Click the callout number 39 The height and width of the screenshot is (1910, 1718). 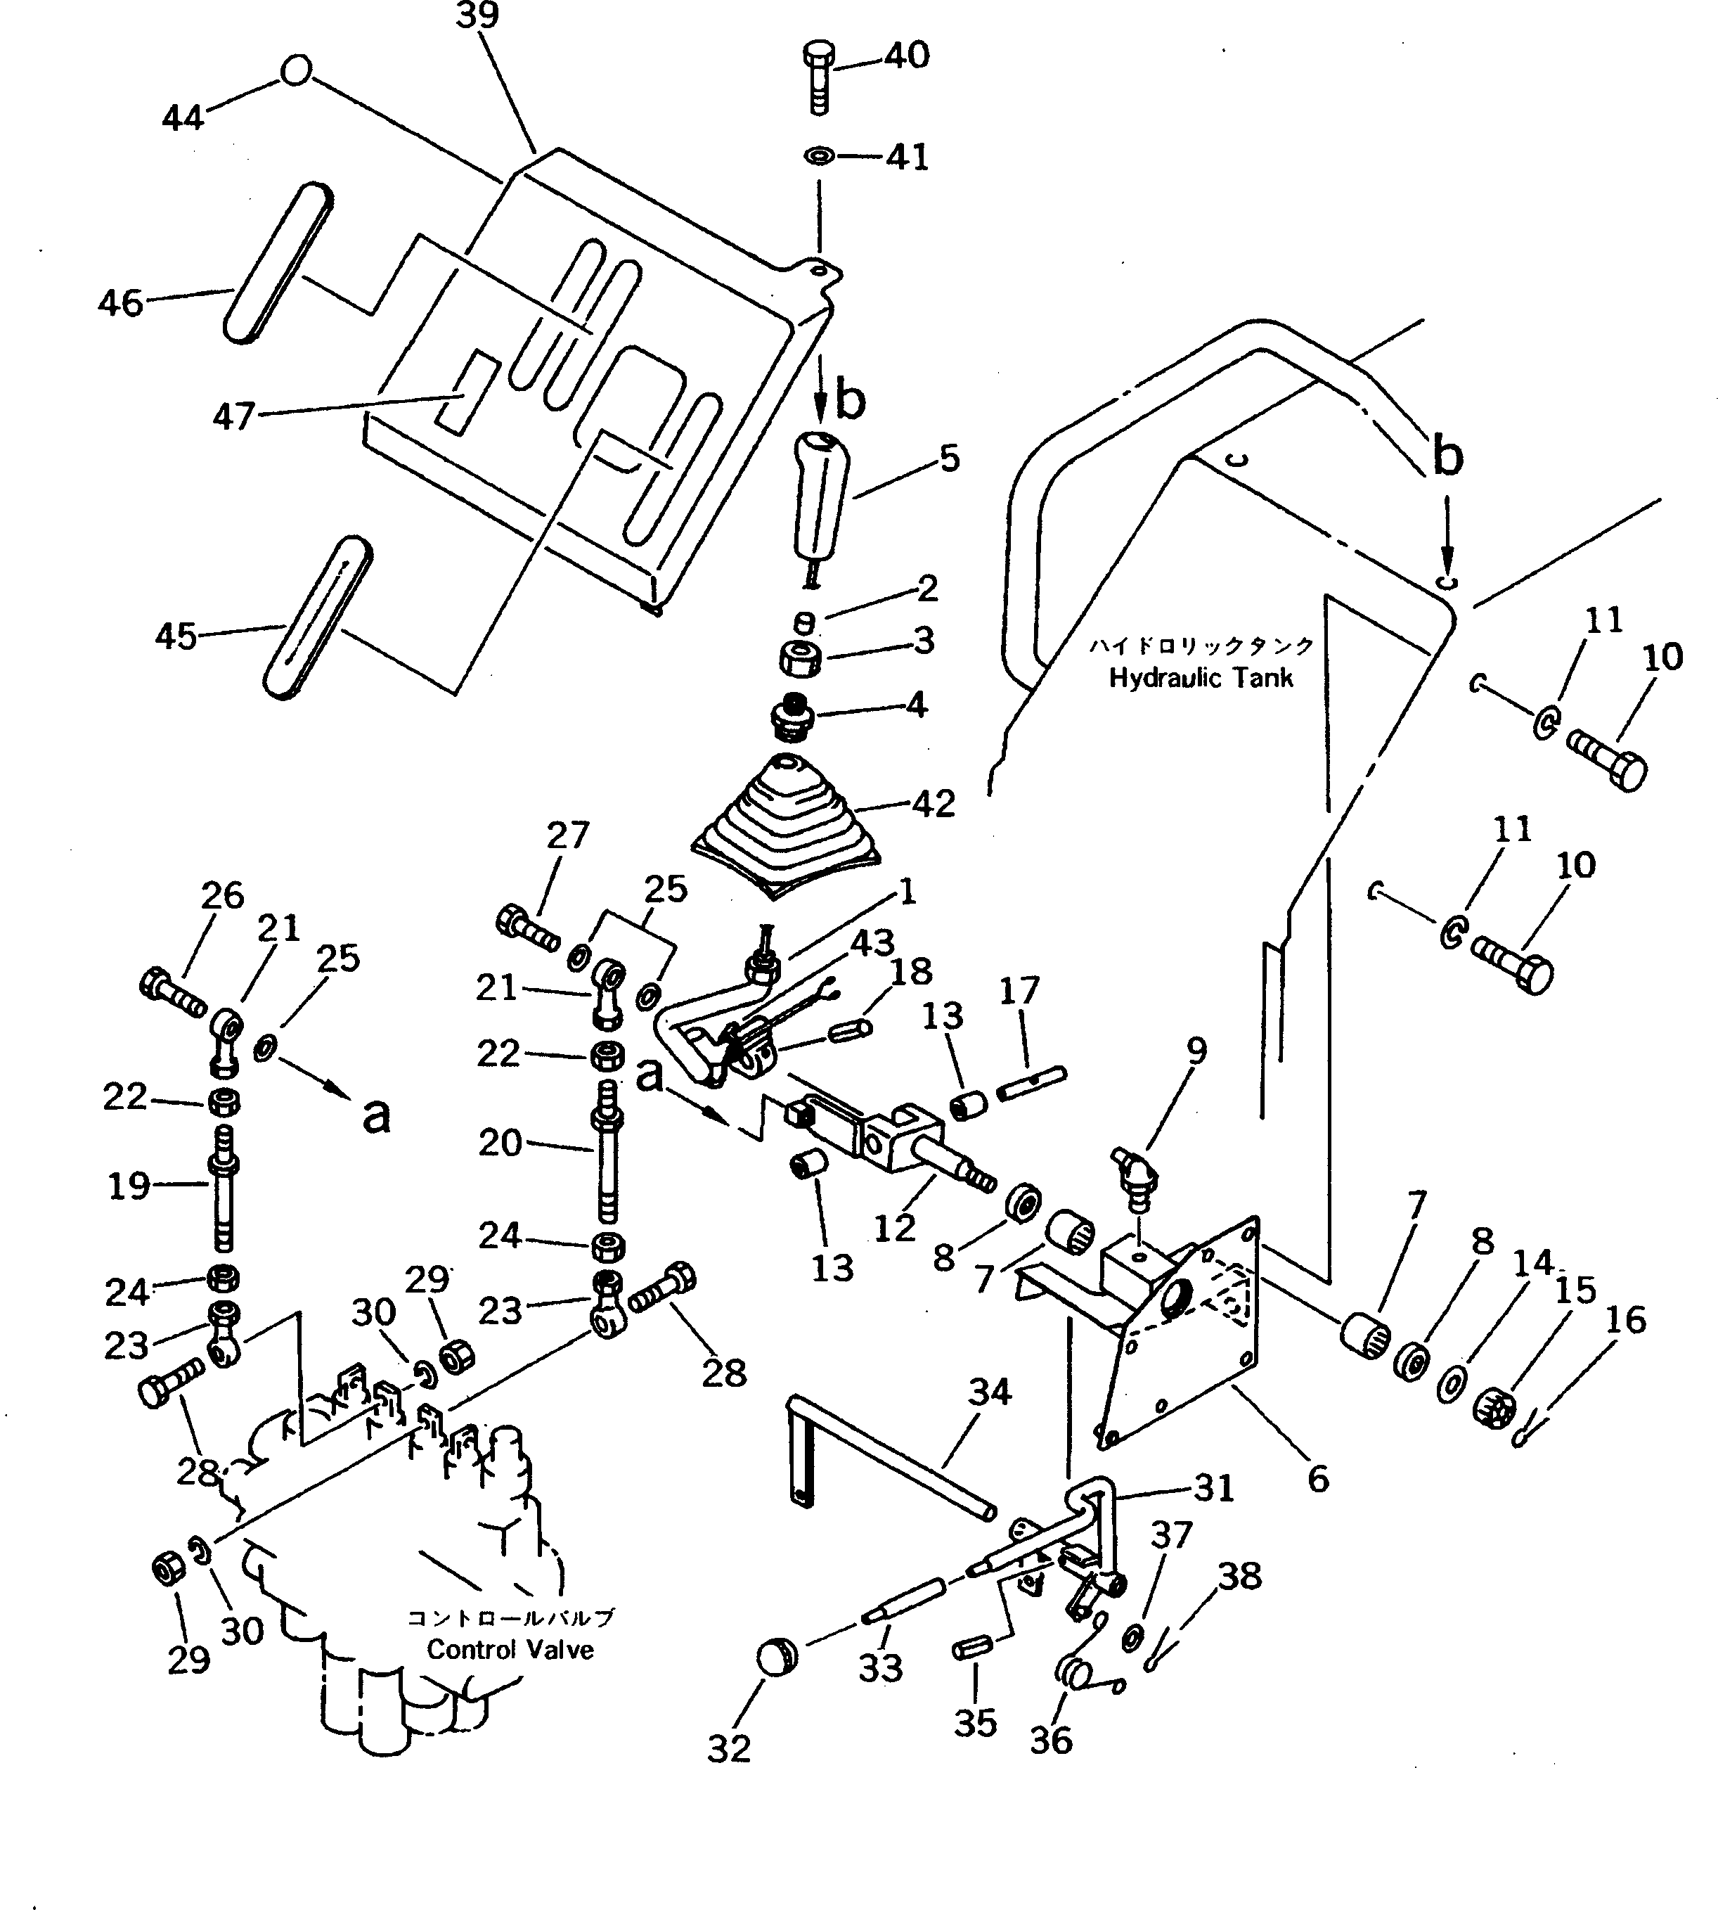click(477, 16)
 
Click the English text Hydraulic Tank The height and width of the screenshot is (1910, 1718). click(1200, 678)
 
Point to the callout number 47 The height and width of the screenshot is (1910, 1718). click(233, 416)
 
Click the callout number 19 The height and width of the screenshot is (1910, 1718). click(129, 1186)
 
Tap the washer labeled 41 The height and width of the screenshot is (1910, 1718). click(820, 155)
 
